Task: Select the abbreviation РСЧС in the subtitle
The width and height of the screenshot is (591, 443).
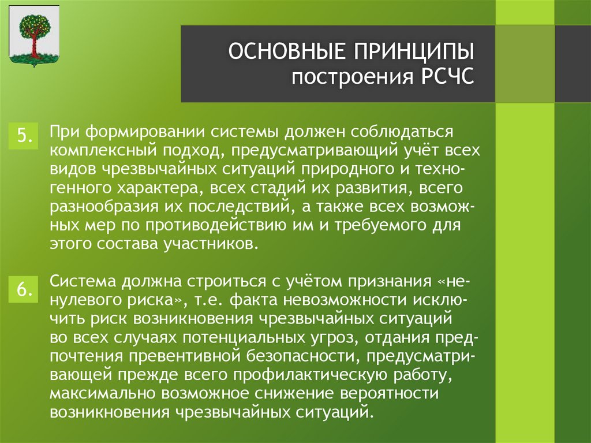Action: click(x=444, y=77)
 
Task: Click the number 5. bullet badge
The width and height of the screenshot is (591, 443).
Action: click(x=24, y=135)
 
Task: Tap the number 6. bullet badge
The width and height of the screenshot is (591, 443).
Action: click(x=24, y=290)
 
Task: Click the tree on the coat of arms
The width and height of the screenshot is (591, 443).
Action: click(x=33, y=35)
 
